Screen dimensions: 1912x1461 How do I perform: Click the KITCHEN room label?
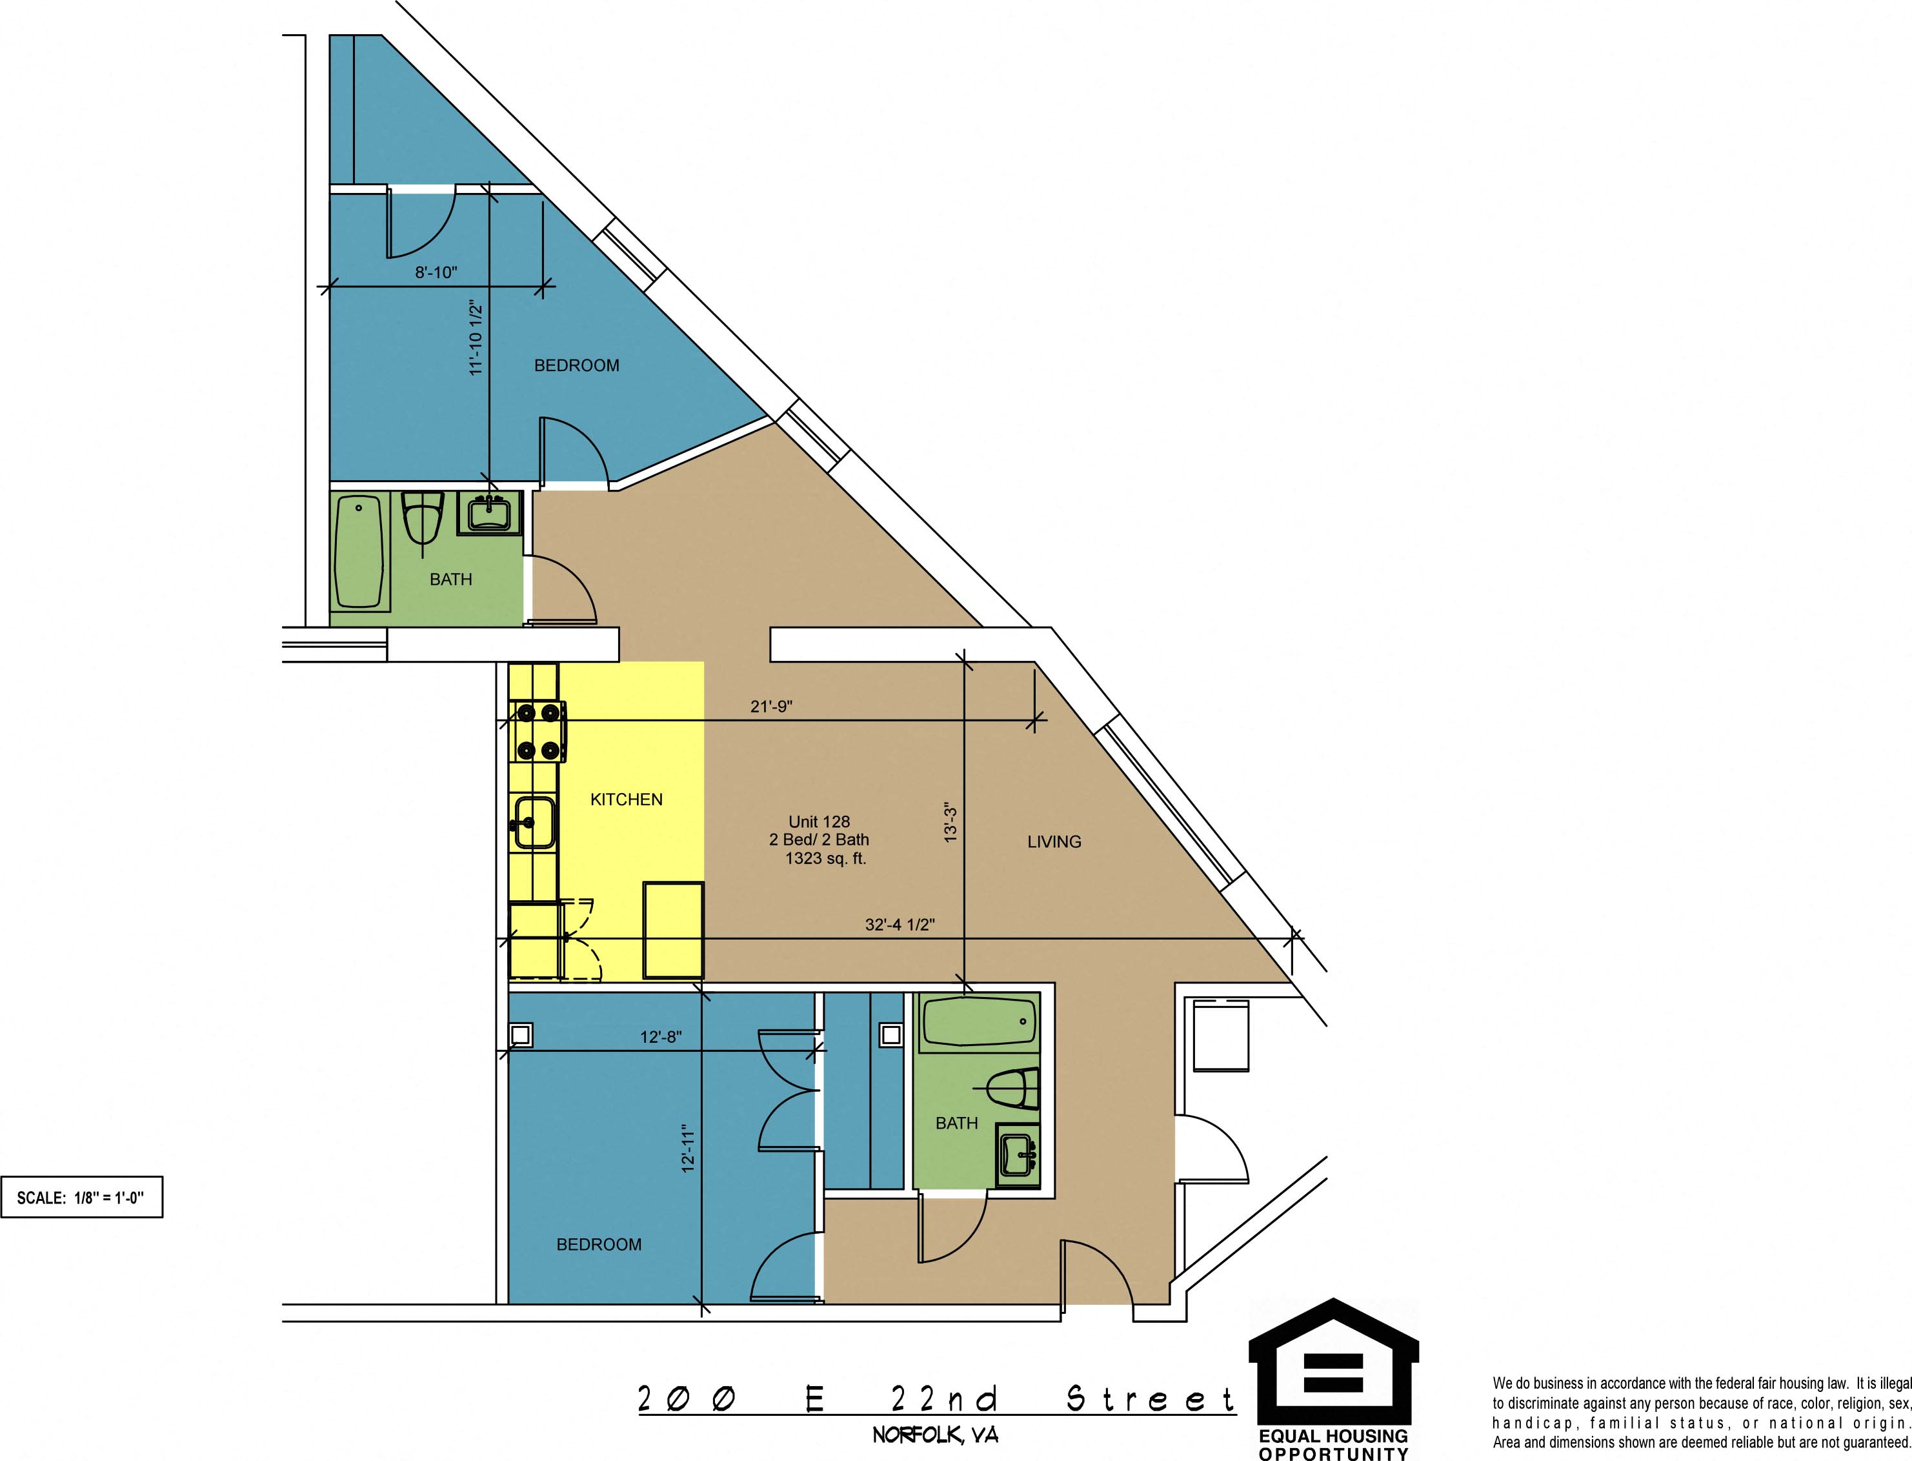coord(626,799)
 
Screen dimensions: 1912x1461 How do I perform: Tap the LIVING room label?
coord(1054,841)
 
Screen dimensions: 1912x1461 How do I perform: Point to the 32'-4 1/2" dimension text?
coord(899,925)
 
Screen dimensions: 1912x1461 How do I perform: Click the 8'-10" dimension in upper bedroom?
coord(436,272)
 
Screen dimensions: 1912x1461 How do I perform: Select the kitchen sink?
coord(533,822)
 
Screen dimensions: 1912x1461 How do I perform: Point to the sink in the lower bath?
coord(1017,1156)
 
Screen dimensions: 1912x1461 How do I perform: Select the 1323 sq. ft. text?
coord(825,858)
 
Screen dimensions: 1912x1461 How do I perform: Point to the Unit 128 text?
coord(819,821)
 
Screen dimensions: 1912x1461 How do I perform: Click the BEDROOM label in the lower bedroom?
coord(599,1244)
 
